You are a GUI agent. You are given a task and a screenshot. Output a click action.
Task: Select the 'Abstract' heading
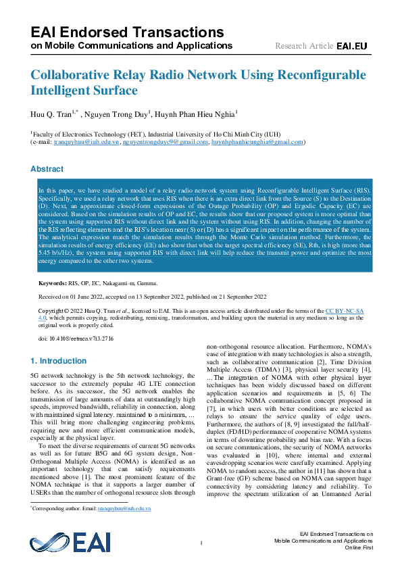pyautogui.click(x=47, y=169)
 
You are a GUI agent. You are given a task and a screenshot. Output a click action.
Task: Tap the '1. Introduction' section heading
pyautogui.click(x=59, y=361)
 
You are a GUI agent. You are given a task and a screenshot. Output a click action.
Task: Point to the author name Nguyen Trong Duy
pyautogui.click(x=120, y=114)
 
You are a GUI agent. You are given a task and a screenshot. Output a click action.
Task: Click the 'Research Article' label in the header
pyautogui.click(x=304, y=46)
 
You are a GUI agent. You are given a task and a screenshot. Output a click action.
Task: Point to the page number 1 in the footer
pyautogui.click(x=201, y=543)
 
